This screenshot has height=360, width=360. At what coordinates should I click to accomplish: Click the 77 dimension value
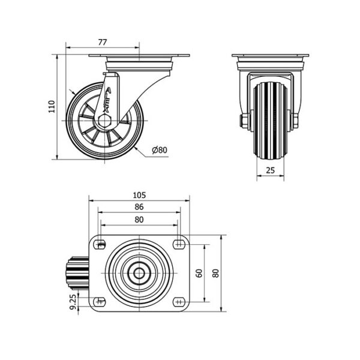(103, 42)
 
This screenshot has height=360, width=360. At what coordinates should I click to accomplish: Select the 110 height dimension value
(52, 106)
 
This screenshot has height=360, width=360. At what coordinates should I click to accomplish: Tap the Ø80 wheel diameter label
(160, 150)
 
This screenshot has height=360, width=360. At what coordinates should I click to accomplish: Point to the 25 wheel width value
(270, 170)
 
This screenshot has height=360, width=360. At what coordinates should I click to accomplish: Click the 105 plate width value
(139, 195)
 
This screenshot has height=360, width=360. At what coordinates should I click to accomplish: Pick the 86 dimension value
(139, 207)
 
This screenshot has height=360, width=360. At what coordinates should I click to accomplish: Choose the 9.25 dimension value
(73, 302)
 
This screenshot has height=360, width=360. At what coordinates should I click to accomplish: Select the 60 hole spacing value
(199, 273)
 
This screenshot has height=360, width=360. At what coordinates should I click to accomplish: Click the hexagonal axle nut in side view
(104, 121)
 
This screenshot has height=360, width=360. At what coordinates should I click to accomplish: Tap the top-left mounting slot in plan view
(100, 244)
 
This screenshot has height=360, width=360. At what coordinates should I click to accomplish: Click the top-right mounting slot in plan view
(179, 244)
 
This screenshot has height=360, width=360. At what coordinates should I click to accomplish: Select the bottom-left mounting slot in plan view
(100, 301)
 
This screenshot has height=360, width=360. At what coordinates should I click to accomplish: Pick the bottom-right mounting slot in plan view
(179, 301)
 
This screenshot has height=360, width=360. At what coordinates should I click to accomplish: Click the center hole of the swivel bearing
(139, 273)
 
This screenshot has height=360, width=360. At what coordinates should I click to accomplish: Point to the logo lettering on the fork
(107, 100)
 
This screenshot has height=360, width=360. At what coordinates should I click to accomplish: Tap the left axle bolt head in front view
(243, 121)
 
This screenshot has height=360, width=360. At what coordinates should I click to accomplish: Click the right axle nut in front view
(295, 121)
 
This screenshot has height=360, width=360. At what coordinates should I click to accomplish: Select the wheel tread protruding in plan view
(77, 273)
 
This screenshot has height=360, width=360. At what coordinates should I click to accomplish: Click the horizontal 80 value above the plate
(139, 220)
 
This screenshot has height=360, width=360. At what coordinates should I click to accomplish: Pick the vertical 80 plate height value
(215, 273)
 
